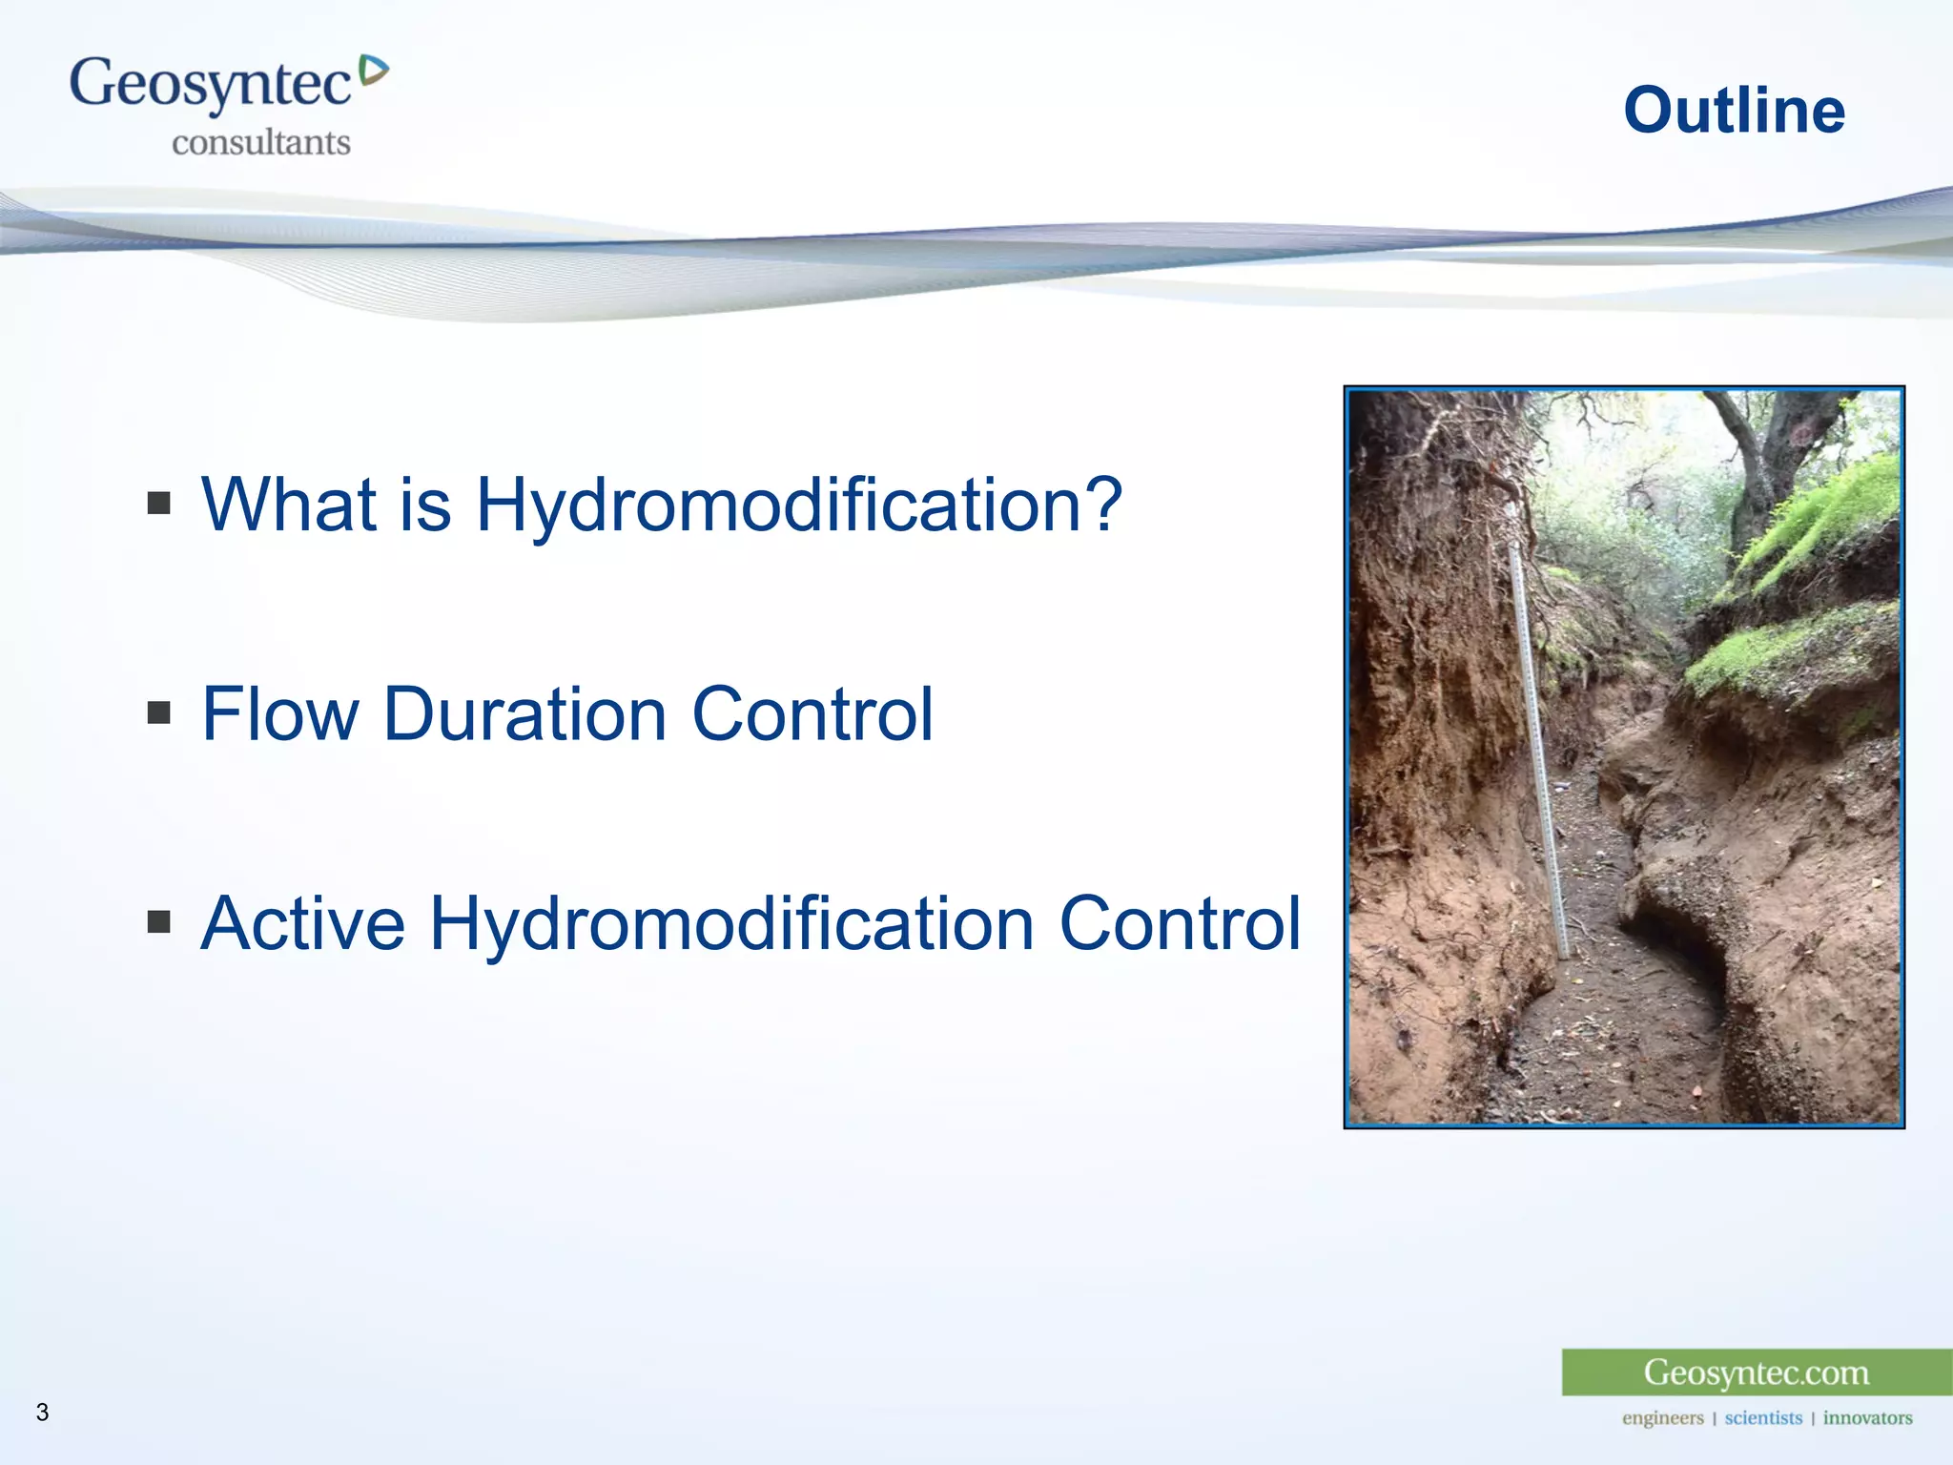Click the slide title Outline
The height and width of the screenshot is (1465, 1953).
pos(1734,111)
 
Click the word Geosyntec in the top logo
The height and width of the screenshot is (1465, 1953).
pos(210,84)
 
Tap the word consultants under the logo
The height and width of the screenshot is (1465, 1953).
pos(260,143)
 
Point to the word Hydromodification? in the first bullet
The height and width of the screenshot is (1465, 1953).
pos(799,505)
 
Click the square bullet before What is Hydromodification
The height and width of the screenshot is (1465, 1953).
pos(159,503)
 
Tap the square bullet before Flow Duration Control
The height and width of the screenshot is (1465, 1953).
pos(159,712)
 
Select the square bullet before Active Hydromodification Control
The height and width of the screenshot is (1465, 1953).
pos(159,921)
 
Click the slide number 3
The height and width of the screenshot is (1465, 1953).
pos(42,1413)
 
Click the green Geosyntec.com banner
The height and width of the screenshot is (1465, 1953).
pos(1756,1372)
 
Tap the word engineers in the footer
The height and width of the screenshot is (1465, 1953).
pos(1662,1418)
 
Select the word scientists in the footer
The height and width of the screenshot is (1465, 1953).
pos(1762,1418)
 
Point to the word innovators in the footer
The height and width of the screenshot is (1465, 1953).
pos(1867,1418)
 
